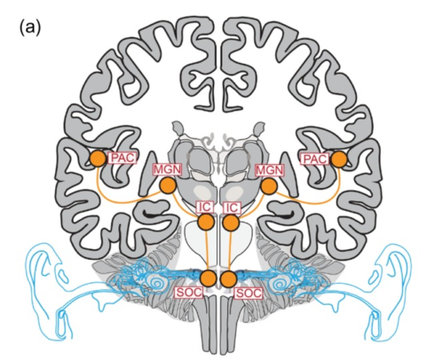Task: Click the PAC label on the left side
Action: click(122, 158)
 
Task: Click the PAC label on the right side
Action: click(315, 159)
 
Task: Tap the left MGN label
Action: click(167, 170)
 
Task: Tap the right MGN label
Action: click(270, 170)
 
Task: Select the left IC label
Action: click(205, 207)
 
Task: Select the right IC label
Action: click(232, 207)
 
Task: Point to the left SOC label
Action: click(189, 293)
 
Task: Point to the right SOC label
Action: click(248, 293)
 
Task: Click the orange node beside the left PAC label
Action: click(99, 159)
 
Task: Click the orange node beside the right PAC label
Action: click(339, 160)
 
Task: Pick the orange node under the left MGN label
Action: click(168, 185)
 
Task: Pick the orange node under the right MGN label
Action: click(269, 186)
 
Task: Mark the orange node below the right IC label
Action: click(231, 223)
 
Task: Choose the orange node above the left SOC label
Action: click(209, 278)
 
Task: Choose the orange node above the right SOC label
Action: click(229, 278)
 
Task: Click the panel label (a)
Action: click(30, 27)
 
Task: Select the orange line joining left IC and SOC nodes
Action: click(208, 250)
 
